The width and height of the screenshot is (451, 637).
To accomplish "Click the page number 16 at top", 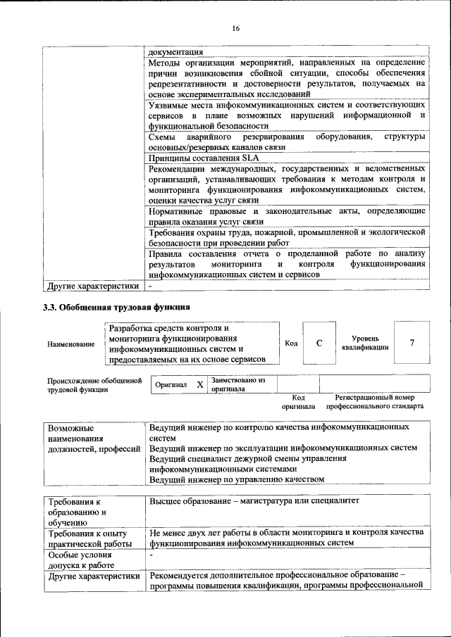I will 235,27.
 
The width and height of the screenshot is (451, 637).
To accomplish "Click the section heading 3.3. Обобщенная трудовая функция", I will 116,307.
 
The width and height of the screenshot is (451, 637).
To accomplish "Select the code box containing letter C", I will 319,343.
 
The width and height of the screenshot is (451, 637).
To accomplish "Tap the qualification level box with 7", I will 411,343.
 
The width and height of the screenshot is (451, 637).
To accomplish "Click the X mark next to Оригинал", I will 199,385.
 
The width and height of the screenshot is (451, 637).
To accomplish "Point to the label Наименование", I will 71,344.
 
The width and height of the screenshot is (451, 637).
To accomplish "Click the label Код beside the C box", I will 290,343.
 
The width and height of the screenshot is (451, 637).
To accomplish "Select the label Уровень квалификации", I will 365,343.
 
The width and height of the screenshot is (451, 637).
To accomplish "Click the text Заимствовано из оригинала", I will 238,384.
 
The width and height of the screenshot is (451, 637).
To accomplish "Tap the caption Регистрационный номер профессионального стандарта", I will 374,402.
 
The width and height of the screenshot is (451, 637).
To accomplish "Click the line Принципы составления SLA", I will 190,159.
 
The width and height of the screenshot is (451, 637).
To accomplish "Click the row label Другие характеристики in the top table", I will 92,286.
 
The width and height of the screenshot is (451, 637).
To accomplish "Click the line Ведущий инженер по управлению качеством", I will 237,479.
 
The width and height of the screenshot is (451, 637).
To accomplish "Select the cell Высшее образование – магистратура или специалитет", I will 254,501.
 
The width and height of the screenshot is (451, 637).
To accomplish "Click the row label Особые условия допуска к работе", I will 80,560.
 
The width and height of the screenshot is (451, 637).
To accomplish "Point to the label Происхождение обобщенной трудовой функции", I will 89,384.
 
